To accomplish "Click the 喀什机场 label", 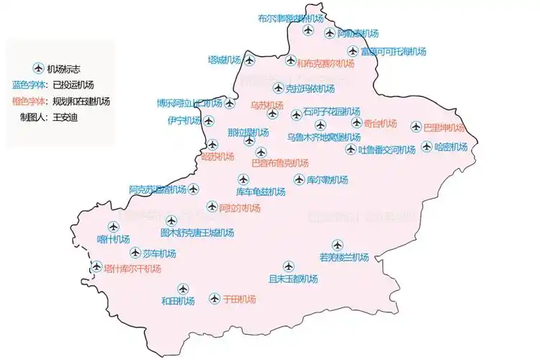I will tap(113, 240).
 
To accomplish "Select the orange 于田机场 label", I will tap(238, 299).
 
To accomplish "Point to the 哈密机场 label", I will tap(451, 147).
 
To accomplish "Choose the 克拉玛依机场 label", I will tap(310, 89).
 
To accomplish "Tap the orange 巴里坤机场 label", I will tap(444, 128).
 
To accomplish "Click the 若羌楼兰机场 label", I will tap(343, 258).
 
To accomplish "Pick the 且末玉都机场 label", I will tap(293, 279).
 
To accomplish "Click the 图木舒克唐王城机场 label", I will tap(197, 233).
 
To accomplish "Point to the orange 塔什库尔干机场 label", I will tap(132, 269).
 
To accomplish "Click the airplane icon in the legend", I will tap(38, 69).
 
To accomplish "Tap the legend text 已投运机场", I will tap(73, 85).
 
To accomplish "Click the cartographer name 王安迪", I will tap(63, 117).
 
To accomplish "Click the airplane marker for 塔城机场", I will tap(249, 60).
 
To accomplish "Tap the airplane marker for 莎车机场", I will tap(136, 253).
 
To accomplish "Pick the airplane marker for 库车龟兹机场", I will tap(243, 180).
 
